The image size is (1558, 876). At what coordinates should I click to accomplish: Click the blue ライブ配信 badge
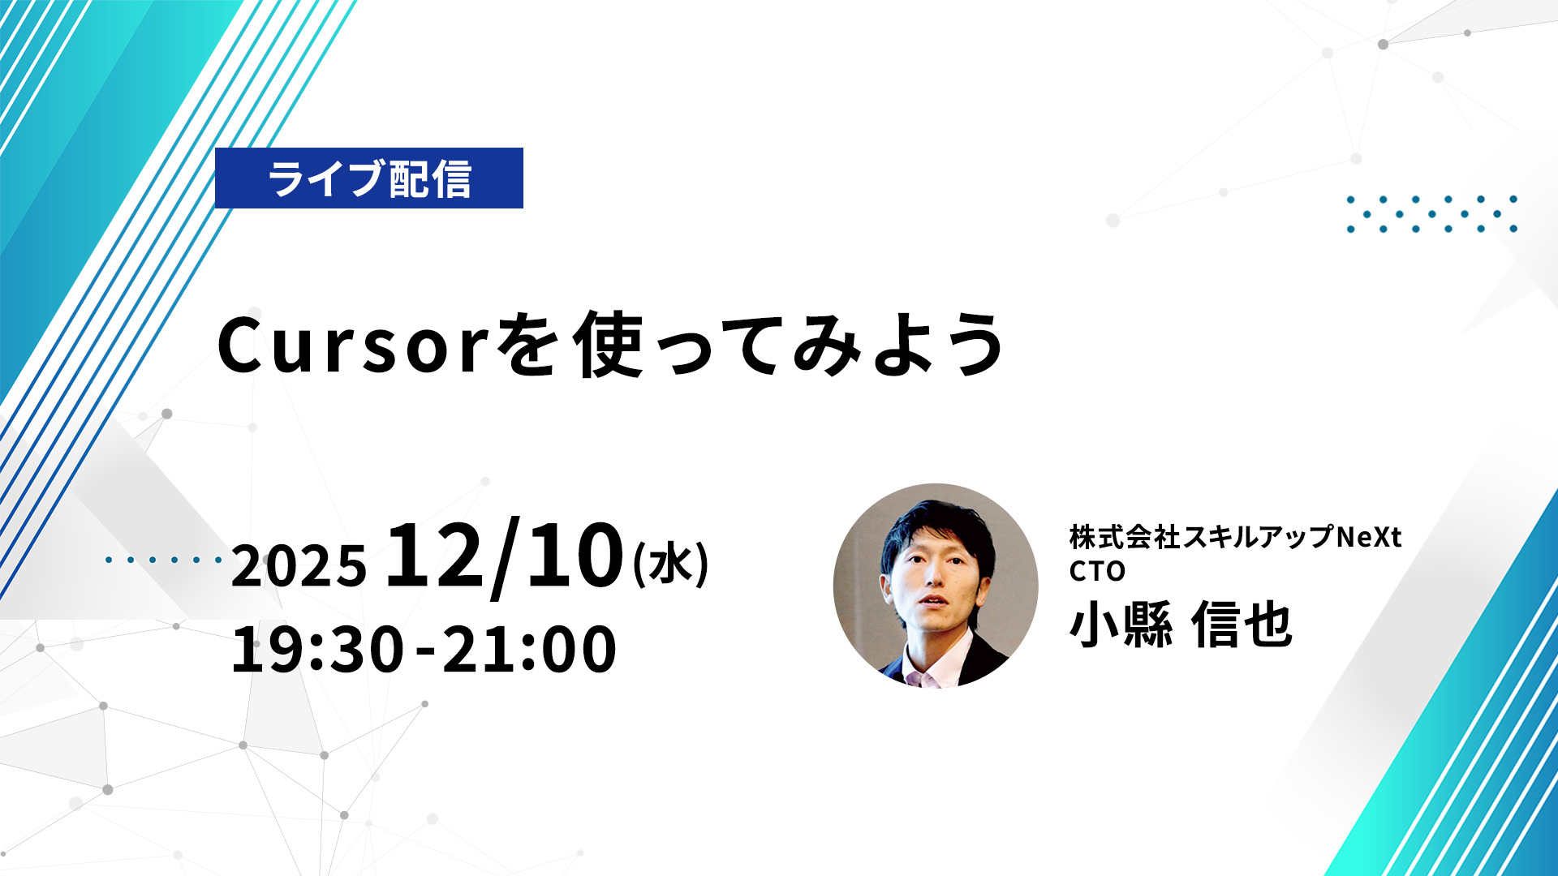point(369,178)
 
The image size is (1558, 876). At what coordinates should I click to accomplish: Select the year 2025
point(299,565)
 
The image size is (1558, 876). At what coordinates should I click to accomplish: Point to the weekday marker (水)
point(671,564)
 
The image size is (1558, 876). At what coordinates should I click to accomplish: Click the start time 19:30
point(317,649)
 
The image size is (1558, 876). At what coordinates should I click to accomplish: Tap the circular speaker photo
point(936,586)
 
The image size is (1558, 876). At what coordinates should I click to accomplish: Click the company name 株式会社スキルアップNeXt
point(1235,537)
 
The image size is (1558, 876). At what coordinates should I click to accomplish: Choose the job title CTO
point(1097,571)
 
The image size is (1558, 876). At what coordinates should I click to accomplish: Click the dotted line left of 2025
point(163,560)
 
